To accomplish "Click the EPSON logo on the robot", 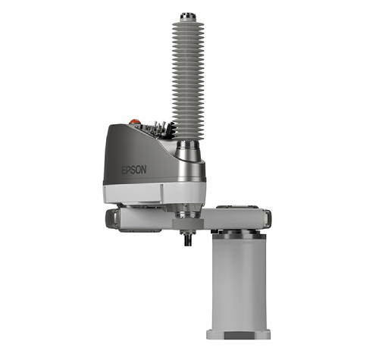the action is [x=134, y=170].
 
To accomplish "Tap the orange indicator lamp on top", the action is [x=133, y=121].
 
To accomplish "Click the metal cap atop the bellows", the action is [x=188, y=17].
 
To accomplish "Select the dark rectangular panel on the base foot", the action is [x=239, y=336].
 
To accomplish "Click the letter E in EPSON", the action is [x=124, y=171].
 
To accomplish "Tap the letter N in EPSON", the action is [x=144, y=170].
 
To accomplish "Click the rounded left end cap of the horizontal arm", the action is [x=111, y=219].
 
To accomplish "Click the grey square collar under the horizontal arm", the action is [x=188, y=224].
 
